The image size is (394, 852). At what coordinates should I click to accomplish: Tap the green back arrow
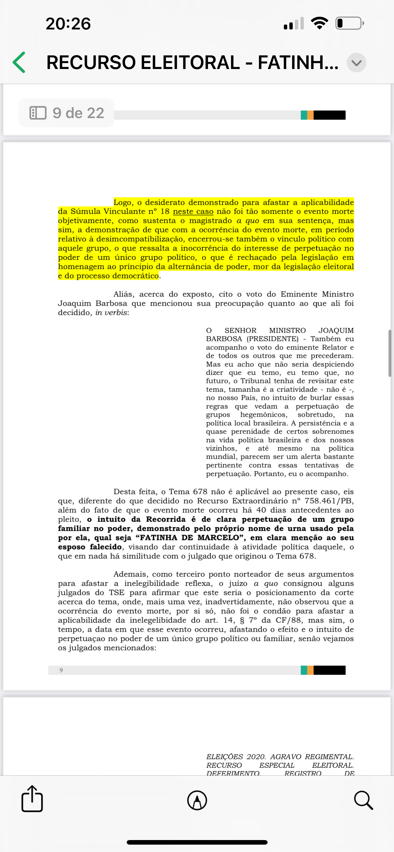coord(19,62)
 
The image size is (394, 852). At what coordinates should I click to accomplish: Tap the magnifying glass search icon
coord(363,800)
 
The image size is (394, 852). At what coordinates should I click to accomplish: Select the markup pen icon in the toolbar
coord(197,800)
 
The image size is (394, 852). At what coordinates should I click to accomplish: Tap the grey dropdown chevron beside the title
coord(356,63)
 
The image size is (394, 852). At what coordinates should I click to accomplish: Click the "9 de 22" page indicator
coord(67,113)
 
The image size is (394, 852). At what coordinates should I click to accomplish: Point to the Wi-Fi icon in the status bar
coord(319,23)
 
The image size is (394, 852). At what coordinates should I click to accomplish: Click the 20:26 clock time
coord(68,24)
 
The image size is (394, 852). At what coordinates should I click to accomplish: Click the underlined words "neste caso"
coord(193,211)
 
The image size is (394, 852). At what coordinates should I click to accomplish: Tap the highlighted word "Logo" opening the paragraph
coord(123,202)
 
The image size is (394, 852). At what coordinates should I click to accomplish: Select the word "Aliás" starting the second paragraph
coord(124,294)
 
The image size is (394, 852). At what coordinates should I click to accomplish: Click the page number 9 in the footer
coord(61,670)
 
